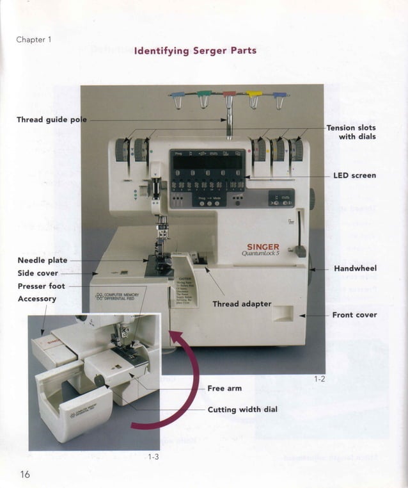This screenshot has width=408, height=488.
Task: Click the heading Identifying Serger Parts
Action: (x=195, y=51)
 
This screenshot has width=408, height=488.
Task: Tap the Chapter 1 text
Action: (x=33, y=40)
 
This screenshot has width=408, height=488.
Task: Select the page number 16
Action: (x=25, y=474)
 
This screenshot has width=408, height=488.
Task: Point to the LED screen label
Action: (x=354, y=175)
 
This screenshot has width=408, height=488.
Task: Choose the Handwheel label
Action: (x=355, y=268)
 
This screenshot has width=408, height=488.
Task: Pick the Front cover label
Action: (x=354, y=315)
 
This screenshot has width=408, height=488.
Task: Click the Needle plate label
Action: (x=42, y=261)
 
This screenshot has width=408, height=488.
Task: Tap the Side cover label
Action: (x=38, y=273)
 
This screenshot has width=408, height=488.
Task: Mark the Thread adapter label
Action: (x=242, y=304)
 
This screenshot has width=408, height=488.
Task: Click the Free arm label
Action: (x=224, y=388)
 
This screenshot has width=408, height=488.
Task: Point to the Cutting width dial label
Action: (x=242, y=410)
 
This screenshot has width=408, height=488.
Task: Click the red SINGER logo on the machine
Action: (x=263, y=248)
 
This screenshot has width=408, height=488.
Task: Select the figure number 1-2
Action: (x=320, y=379)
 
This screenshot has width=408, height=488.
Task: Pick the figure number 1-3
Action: (x=153, y=457)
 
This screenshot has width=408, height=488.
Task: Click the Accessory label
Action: (x=37, y=299)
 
